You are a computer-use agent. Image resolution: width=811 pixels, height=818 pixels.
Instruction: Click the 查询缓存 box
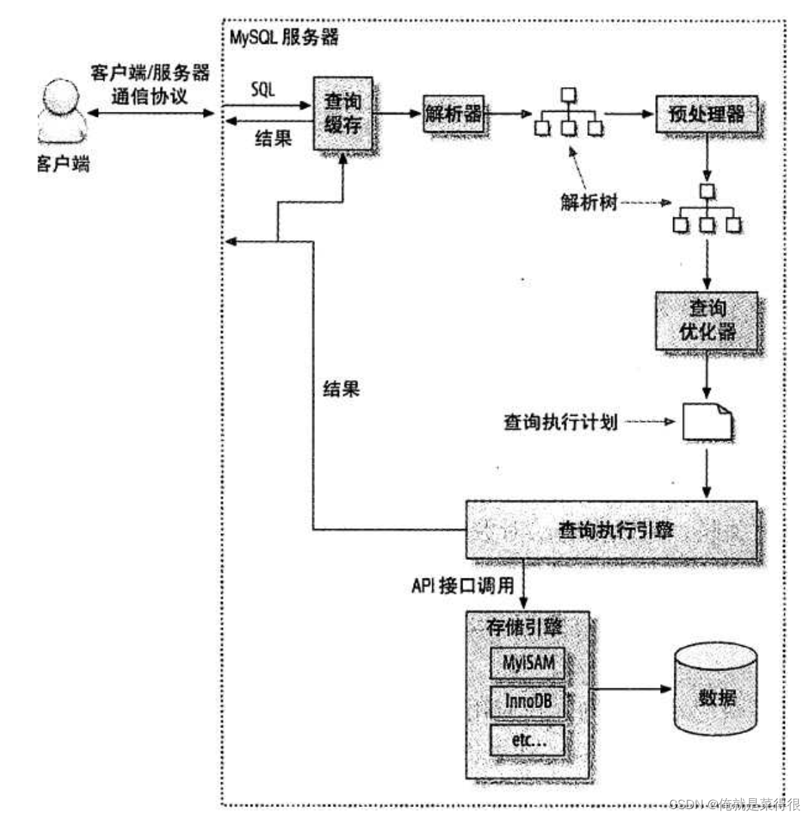(342, 113)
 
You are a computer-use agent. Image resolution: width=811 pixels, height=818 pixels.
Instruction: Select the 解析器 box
(453, 113)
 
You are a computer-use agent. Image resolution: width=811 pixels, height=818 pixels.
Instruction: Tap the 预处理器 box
(706, 114)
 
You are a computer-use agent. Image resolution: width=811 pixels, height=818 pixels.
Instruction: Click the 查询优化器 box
(707, 320)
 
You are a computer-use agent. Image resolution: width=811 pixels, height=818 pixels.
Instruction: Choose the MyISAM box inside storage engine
(528, 664)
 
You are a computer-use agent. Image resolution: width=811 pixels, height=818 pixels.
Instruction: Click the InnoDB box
(528, 701)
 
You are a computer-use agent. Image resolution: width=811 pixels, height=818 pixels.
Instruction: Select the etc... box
(528, 740)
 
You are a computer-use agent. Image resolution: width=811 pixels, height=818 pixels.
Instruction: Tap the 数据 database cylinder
(716, 690)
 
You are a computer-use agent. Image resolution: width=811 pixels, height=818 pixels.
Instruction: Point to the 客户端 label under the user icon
(63, 164)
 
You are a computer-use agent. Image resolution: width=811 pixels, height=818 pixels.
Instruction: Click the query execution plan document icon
(707, 421)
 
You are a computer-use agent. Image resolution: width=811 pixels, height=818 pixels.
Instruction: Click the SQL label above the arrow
(263, 89)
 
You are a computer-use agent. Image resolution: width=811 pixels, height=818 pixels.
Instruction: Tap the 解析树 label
(589, 202)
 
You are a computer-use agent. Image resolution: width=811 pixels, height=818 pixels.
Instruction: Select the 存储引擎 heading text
(524, 627)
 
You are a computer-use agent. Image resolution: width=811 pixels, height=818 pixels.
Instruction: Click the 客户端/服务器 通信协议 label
(150, 84)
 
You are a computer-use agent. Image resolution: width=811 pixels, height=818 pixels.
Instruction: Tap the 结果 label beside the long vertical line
(341, 390)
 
